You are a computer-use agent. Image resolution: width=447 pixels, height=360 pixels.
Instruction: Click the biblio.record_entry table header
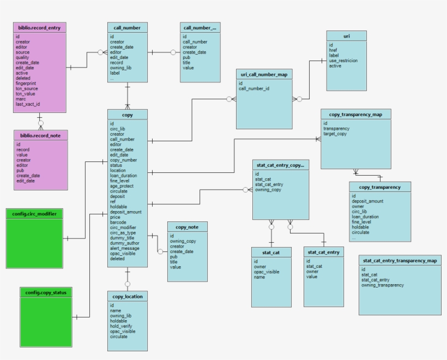(39, 27)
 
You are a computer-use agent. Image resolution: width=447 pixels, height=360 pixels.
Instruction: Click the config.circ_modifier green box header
(34, 213)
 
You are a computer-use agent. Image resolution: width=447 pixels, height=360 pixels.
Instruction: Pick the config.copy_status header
(46, 292)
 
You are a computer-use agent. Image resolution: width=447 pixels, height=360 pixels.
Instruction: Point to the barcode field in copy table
(119, 223)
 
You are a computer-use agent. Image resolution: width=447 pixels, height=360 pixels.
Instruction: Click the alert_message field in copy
(125, 248)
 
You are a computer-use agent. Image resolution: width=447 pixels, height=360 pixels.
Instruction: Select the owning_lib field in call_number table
(122, 68)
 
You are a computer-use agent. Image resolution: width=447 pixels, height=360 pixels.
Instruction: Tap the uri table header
(346, 35)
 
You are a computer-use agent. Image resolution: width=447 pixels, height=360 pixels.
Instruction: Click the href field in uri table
(333, 50)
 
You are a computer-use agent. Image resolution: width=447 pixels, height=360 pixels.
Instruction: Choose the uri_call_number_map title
(264, 74)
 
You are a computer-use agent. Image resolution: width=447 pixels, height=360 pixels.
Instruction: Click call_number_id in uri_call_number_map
(254, 88)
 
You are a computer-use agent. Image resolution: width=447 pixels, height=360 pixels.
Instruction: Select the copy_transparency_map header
(355, 114)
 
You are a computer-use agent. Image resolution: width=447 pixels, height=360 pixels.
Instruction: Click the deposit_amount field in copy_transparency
(367, 201)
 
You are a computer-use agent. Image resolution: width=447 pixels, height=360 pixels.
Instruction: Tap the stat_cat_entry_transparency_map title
(400, 261)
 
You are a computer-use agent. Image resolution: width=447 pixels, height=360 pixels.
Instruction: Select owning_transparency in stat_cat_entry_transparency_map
(382, 285)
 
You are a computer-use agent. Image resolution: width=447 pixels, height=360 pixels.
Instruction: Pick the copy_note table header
(187, 227)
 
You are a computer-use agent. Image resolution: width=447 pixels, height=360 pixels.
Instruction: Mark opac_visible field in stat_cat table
(267, 272)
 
